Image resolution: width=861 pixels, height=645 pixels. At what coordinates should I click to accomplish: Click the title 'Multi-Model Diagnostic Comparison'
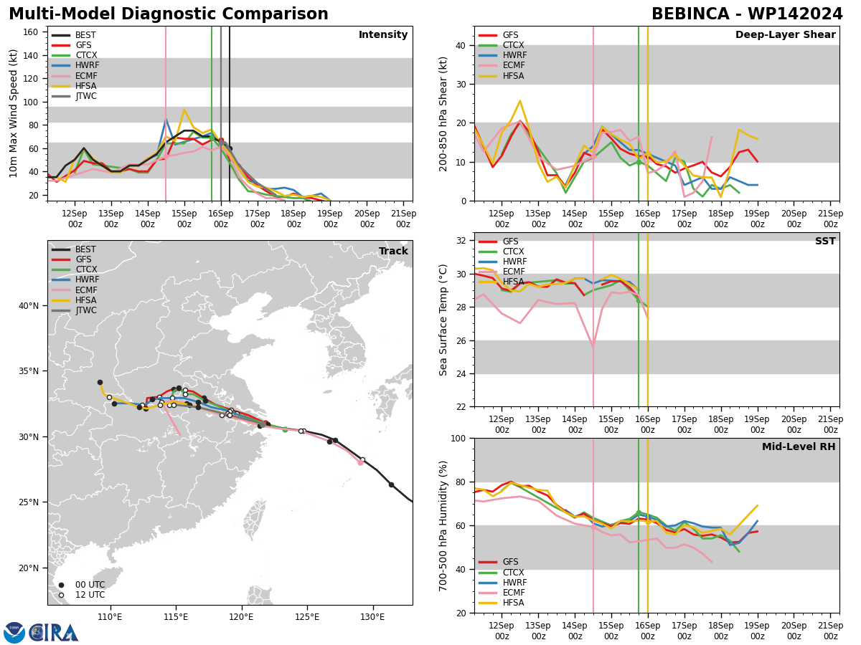pyautogui.click(x=169, y=14)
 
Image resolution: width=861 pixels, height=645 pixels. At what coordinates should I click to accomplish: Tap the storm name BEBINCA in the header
pyautogui.click(x=690, y=14)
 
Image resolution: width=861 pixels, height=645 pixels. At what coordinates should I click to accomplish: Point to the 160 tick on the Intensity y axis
pyautogui.click(x=31, y=32)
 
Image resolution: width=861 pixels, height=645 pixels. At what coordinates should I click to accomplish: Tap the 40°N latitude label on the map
pyautogui.click(x=29, y=306)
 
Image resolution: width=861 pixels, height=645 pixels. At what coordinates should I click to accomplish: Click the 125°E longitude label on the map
pyautogui.click(x=307, y=617)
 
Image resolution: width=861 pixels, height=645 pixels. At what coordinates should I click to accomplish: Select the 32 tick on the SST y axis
pyautogui.click(x=461, y=241)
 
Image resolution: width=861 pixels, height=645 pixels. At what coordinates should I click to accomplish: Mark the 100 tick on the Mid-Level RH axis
pyautogui.click(x=458, y=439)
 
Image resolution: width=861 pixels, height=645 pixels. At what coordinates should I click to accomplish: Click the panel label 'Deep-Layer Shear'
pyautogui.click(x=785, y=35)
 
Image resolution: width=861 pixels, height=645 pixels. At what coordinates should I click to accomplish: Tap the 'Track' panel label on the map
pyautogui.click(x=393, y=251)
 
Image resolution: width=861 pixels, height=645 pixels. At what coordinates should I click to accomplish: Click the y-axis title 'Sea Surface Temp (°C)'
pyautogui.click(x=443, y=320)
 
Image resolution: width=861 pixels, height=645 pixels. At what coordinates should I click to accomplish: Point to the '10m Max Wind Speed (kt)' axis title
pyautogui.click(x=13, y=113)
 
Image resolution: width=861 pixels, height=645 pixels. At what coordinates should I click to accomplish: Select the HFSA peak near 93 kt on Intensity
pyautogui.click(x=184, y=110)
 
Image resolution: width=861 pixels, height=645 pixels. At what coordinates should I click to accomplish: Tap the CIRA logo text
pyautogui.click(x=53, y=633)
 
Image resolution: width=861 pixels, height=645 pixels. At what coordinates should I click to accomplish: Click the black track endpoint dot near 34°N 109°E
pyautogui.click(x=100, y=383)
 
